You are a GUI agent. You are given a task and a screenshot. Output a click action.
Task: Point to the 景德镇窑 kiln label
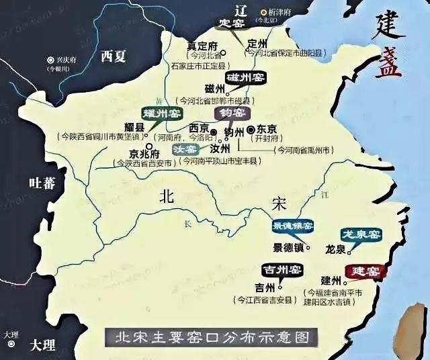[292, 227]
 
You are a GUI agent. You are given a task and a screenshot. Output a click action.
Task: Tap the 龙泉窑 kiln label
[361, 234]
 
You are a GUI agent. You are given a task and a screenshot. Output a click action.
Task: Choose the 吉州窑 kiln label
[282, 271]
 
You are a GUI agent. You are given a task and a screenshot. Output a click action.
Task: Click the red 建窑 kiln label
[363, 271]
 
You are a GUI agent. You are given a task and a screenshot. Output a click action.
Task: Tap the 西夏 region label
[113, 56]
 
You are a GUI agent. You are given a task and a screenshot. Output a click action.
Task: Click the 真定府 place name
[202, 46]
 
